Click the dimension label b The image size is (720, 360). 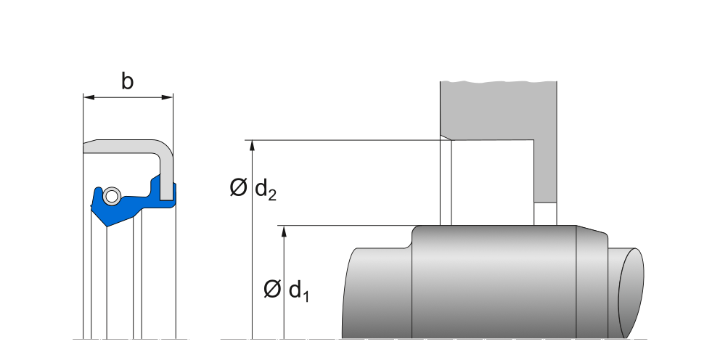pyautogui.click(x=127, y=82)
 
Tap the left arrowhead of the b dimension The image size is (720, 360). pyautogui.click(x=89, y=97)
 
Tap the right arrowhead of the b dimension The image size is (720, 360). pyautogui.click(x=168, y=97)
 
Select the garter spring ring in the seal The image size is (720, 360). pyautogui.click(x=112, y=196)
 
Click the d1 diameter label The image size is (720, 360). pyautogui.click(x=299, y=290)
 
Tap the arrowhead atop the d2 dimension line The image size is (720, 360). pyautogui.click(x=252, y=145)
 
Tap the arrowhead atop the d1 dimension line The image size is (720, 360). pyautogui.click(x=284, y=231)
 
